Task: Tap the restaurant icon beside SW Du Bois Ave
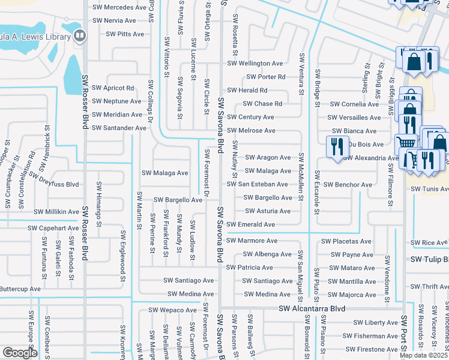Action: coord(335,146)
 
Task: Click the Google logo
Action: coord(19,353)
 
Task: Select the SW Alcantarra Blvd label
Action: coord(312,308)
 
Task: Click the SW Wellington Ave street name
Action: coord(255,64)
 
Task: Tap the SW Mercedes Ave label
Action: coord(119,8)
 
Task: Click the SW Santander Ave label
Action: coord(119,128)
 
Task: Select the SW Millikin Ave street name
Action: coord(56,212)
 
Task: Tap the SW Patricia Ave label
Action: coord(249,268)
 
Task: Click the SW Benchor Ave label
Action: coord(348,184)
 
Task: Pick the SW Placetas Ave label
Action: coord(346,241)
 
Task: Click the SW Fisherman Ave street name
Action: coord(376,336)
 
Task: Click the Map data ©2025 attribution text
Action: coord(423,355)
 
